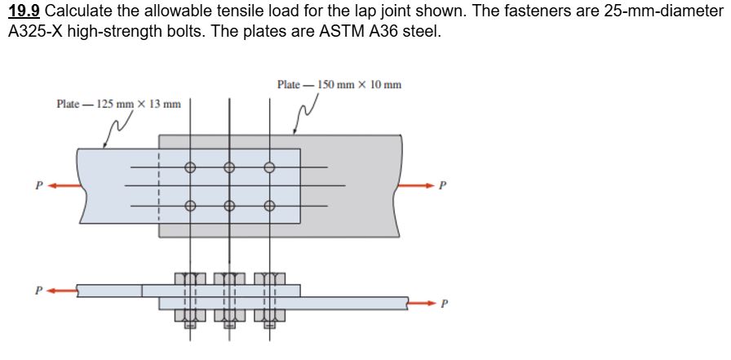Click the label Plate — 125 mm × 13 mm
[118, 104]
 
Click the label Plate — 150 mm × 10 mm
[339, 85]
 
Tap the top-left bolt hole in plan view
[189, 168]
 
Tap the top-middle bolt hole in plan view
[229, 168]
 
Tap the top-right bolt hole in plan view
[269, 168]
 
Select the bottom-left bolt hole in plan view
[189, 206]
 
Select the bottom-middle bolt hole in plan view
[229, 206]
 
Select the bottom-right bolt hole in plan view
[269, 206]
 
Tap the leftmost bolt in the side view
[189, 298]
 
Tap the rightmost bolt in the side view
[269, 298]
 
